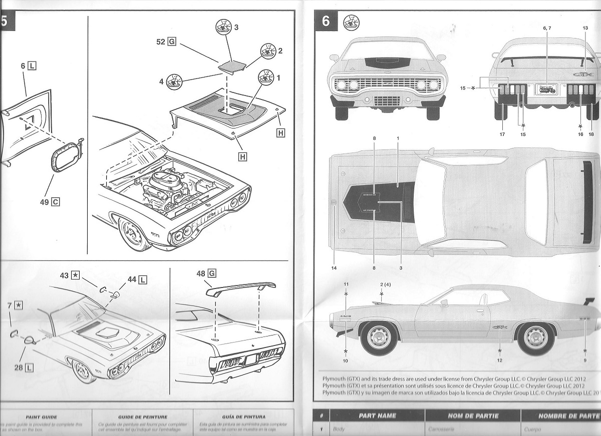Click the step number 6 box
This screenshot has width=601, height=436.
coord(326,21)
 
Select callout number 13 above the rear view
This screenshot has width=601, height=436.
coord(585,28)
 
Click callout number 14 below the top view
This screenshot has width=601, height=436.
coord(334,268)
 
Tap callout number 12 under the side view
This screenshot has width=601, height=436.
coord(499,360)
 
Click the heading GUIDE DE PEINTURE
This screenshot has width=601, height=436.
coord(143,416)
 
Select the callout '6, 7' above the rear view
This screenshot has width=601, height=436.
coord(546,28)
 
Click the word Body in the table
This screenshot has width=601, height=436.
coord(339,429)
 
